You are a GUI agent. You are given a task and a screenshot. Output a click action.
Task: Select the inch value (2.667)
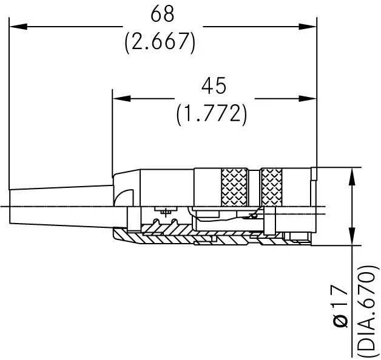160,42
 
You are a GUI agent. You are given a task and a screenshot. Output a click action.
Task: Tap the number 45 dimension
213,87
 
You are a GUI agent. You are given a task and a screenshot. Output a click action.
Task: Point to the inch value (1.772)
212,113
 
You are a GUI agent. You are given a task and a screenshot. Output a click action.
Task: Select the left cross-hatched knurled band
234,187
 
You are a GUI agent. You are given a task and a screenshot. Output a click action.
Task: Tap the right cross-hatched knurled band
271,187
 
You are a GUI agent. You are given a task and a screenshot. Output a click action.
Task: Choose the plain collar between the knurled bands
254,187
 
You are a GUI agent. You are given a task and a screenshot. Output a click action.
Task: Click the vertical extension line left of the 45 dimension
113,133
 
